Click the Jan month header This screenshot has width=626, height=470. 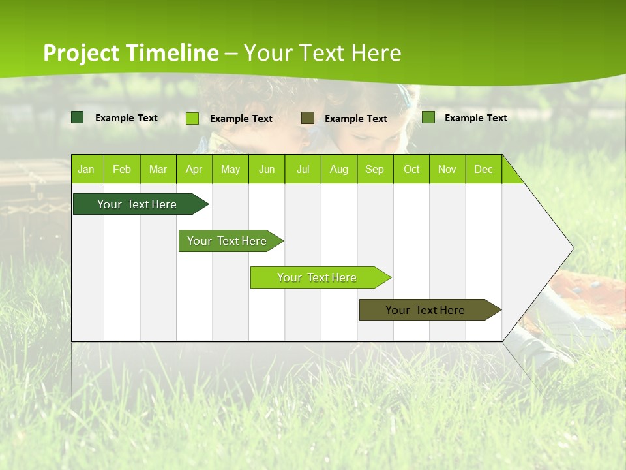[x=87, y=169]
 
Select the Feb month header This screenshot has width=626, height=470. [x=122, y=169]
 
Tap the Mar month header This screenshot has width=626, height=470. [x=158, y=169]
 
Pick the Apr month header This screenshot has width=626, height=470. [x=194, y=169]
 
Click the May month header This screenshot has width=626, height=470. [x=230, y=169]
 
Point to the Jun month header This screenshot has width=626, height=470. [x=267, y=169]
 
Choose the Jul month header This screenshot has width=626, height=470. [x=303, y=169]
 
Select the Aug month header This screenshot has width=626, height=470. [x=339, y=169]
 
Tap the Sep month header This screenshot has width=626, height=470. [x=375, y=169]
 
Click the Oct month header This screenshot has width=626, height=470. [x=411, y=169]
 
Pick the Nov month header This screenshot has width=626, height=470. [x=447, y=169]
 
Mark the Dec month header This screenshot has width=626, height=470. [x=483, y=169]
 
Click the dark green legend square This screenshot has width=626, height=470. [x=78, y=117]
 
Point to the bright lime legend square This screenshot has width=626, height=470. [x=192, y=118]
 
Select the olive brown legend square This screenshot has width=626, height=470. [x=308, y=117]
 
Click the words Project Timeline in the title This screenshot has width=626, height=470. [x=130, y=53]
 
